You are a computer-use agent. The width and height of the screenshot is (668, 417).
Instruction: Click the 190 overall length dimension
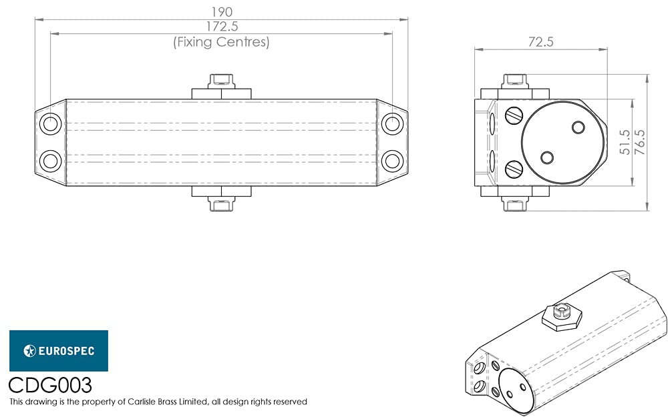point(222,11)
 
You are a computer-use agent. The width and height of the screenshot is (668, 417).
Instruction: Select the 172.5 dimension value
point(222,27)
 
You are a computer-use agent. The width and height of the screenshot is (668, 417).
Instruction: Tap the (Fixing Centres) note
point(221,41)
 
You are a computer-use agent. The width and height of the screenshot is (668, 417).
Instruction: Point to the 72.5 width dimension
point(540,41)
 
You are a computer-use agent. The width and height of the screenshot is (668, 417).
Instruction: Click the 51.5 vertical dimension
point(625,142)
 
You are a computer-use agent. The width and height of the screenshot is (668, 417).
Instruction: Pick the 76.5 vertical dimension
point(640,142)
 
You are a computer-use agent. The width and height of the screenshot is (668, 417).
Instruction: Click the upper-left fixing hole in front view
point(50,124)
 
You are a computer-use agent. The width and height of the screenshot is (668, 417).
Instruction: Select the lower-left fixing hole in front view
point(50,161)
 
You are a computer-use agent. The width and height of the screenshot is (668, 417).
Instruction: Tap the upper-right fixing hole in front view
point(392,124)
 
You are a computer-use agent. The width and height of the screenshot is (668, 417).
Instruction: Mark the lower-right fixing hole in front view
point(392,161)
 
